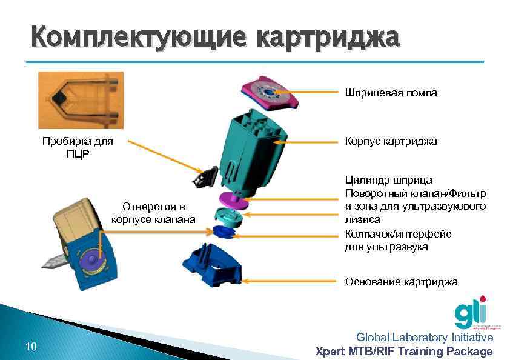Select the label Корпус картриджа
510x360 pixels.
390,141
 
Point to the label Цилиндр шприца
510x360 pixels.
388,180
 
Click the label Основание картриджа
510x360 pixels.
401,282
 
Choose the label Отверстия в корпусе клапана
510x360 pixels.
153,212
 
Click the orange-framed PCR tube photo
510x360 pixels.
81,100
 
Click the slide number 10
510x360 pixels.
31,347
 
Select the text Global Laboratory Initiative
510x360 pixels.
424,338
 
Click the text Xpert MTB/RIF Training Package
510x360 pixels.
405,351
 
